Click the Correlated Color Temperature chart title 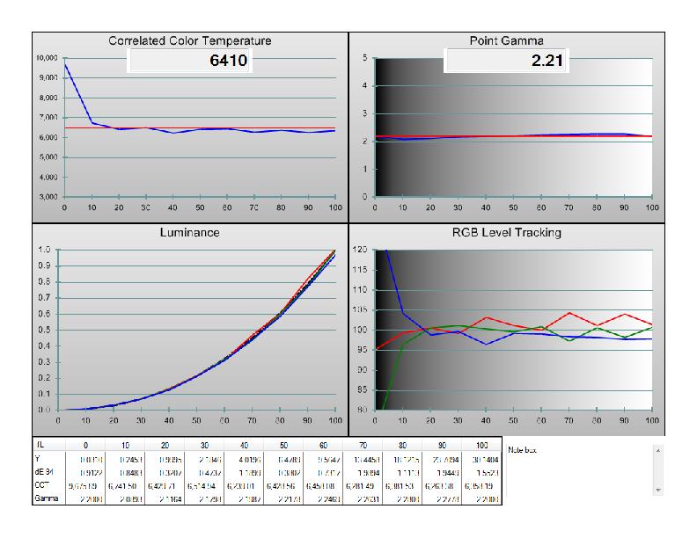(x=189, y=40)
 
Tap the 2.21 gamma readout (x=547, y=61)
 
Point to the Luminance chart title (x=189, y=233)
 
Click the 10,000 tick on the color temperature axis (x=48, y=58)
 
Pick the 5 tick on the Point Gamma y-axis (x=364, y=58)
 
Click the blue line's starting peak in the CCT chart (x=65, y=64)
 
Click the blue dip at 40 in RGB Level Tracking (x=486, y=344)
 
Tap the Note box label (x=524, y=449)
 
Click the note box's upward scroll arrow (x=657, y=448)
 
